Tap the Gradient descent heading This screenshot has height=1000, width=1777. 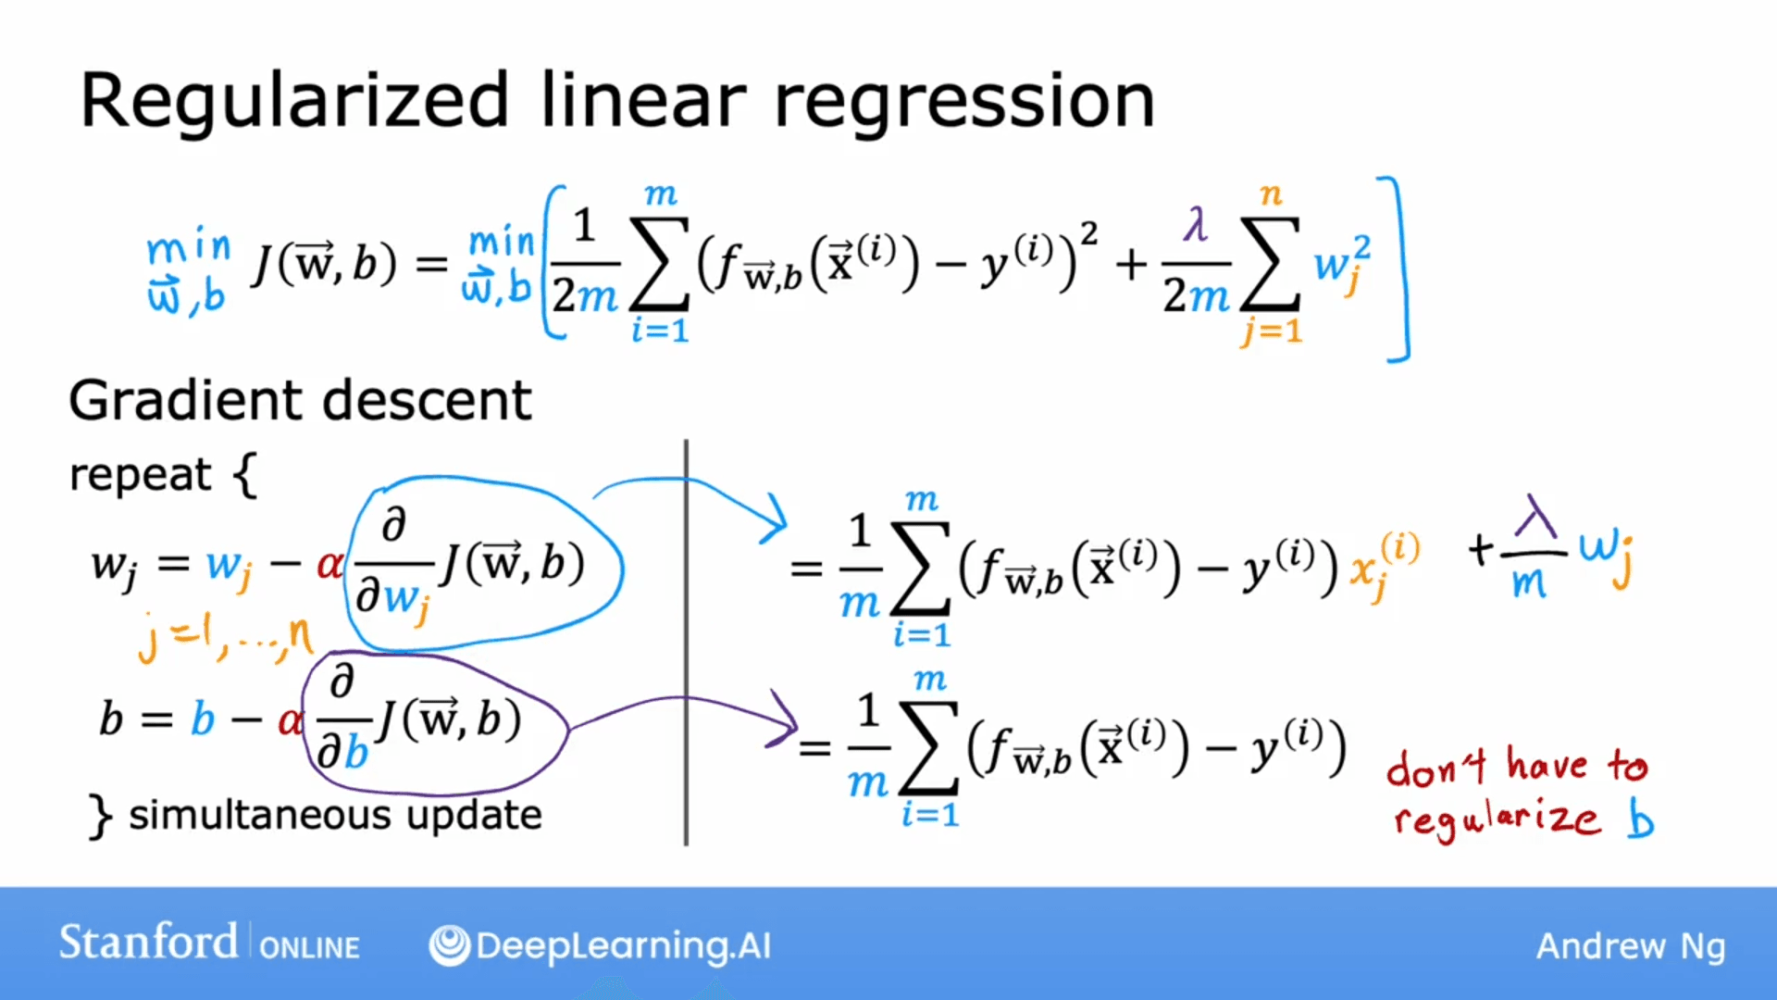(x=300, y=400)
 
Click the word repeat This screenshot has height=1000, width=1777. (x=141, y=475)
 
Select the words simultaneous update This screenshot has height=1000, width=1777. (x=335, y=815)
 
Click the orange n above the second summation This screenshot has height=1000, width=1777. (x=1271, y=194)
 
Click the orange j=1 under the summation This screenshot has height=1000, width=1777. (x=1272, y=331)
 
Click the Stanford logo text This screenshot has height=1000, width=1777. (x=148, y=943)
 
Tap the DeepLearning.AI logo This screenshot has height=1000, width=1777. (x=600, y=945)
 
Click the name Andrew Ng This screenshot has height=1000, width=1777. (x=1630, y=946)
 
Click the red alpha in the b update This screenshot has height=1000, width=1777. (x=290, y=720)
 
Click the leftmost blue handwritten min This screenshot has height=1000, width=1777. (x=188, y=247)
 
